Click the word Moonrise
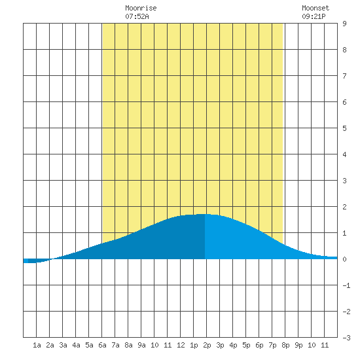pos(141,8)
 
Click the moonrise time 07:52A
pos(137,16)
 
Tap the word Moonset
pos(315,8)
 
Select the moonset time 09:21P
pos(314,16)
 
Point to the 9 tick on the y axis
pos(344,24)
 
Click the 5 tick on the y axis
pos(344,128)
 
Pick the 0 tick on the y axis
pos(344,259)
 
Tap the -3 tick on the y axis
pos(346,338)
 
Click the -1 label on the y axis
pos(346,285)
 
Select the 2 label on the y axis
pos(344,207)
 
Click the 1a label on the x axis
pos(37,345)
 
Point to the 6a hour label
pos(102,345)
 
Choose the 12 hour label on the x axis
pos(181,345)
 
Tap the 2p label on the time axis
pos(207,345)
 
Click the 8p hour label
pos(285,345)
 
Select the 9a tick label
pos(141,345)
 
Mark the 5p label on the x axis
pos(246,345)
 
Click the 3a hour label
pos(63,345)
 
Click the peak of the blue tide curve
pos(203,214)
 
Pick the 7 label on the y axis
pos(344,76)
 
